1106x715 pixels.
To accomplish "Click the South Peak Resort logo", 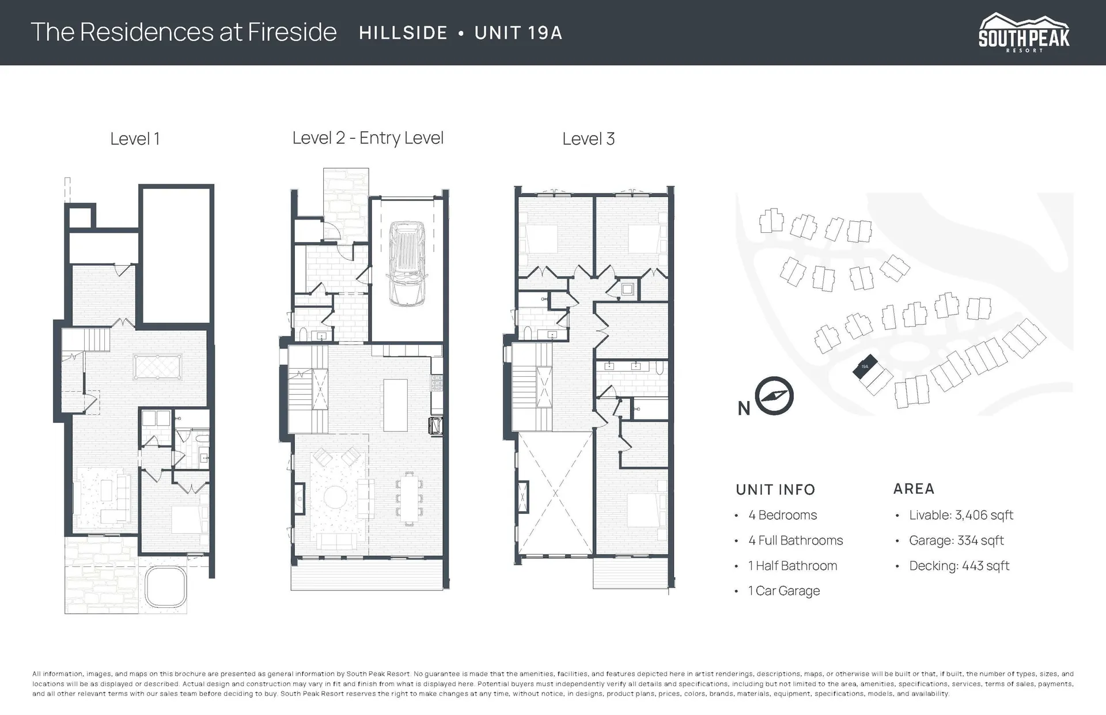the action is click(1024, 33).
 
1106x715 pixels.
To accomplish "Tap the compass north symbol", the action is click(774, 396).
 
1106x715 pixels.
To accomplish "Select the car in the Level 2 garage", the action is click(407, 264).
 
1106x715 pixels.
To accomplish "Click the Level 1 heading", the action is click(135, 139).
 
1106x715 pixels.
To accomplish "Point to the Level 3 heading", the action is click(588, 139).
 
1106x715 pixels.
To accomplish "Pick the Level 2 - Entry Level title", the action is click(368, 138).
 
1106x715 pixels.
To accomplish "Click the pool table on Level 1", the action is click(157, 367).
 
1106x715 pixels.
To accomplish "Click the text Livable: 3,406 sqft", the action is click(961, 515).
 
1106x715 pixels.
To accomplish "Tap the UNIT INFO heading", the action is click(775, 490).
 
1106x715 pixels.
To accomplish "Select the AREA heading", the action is click(914, 489).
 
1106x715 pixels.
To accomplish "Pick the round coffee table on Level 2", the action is click(334, 497).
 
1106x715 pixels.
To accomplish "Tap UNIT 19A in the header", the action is click(518, 33).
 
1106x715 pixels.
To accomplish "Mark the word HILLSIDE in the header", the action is click(403, 33).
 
